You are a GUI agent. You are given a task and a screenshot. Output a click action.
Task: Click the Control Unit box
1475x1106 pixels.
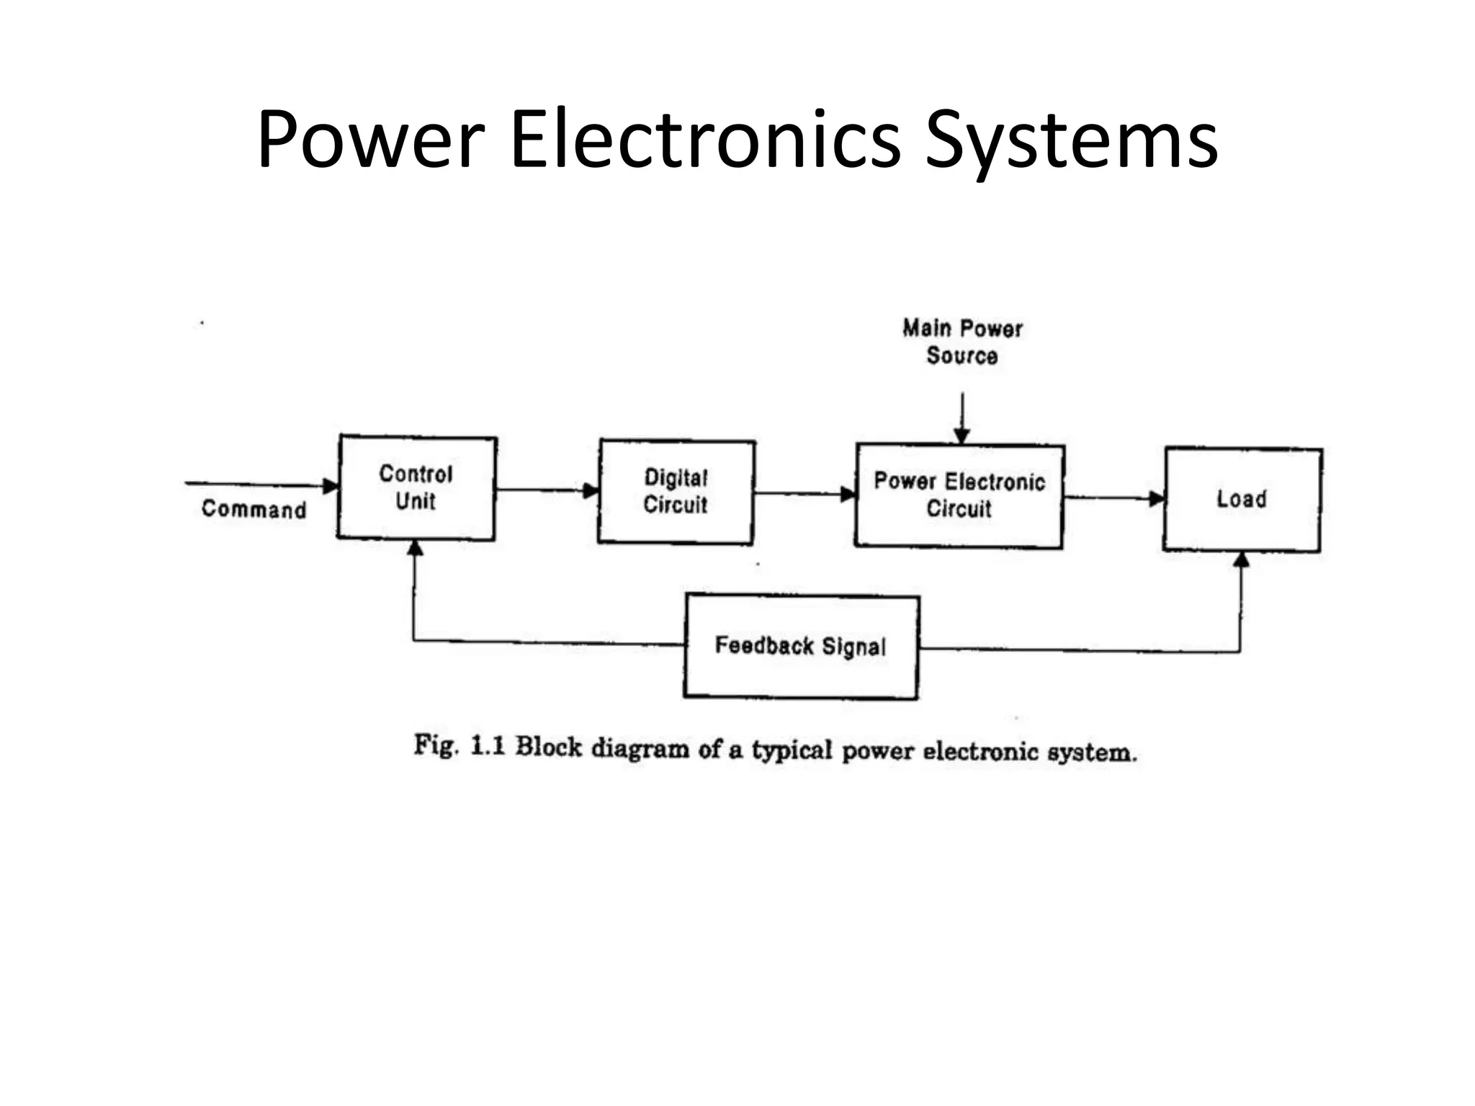(416, 487)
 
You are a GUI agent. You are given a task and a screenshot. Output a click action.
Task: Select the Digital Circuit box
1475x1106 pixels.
(676, 491)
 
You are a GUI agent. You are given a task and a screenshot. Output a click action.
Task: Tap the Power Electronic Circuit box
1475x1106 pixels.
(959, 495)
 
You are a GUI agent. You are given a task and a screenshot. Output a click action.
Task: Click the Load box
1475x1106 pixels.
(1242, 499)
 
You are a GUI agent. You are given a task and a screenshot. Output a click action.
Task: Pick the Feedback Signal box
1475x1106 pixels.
(801, 646)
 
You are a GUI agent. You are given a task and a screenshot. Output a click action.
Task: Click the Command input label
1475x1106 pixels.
(254, 509)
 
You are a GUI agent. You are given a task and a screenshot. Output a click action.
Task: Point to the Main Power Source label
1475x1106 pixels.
(962, 342)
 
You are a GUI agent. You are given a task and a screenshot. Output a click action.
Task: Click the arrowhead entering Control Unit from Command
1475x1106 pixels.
(331, 486)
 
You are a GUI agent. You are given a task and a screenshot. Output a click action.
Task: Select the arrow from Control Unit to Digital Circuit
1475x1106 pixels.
(547, 490)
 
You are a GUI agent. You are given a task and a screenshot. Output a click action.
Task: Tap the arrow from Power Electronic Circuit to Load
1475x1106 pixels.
(1113, 498)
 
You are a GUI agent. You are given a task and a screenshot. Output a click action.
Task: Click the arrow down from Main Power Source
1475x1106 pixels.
(962, 418)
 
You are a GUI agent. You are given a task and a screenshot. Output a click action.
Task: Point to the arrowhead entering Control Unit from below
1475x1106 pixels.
(415, 549)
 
